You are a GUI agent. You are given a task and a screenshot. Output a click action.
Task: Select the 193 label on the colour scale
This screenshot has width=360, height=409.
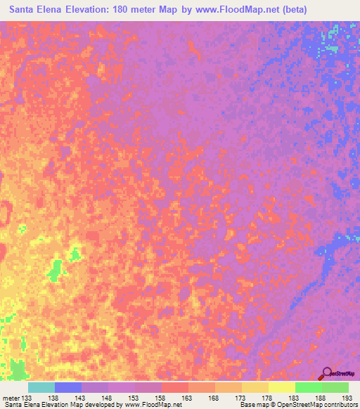(x=347, y=398)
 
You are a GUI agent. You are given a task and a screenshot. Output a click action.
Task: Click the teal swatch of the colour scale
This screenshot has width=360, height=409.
(x=41, y=387)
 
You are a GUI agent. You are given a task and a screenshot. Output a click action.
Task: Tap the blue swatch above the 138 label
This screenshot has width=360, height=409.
(x=68, y=387)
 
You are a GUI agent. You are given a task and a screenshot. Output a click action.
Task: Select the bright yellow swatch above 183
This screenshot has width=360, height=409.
(x=281, y=387)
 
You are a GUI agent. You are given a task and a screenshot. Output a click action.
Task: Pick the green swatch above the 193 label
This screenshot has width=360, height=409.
(x=335, y=387)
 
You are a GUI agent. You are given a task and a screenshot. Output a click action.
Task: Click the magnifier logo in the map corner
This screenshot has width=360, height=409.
(x=326, y=373)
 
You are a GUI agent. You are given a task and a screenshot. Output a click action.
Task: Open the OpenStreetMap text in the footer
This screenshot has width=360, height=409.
(x=330, y=405)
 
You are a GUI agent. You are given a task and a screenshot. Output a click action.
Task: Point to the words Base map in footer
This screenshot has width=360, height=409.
(x=253, y=405)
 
